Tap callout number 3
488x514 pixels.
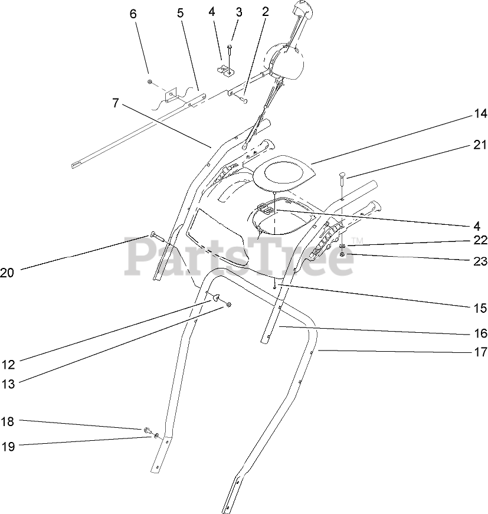tap(239, 12)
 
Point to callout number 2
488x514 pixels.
tap(265, 12)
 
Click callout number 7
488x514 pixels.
tap(116, 103)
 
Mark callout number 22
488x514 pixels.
tap(480, 240)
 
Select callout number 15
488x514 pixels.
tap(480, 308)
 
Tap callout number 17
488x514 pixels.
tap(480, 352)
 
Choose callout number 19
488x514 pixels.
tap(7, 446)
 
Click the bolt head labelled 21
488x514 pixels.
tap(342, 175)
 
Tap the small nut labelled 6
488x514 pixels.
tap(150, 81)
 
